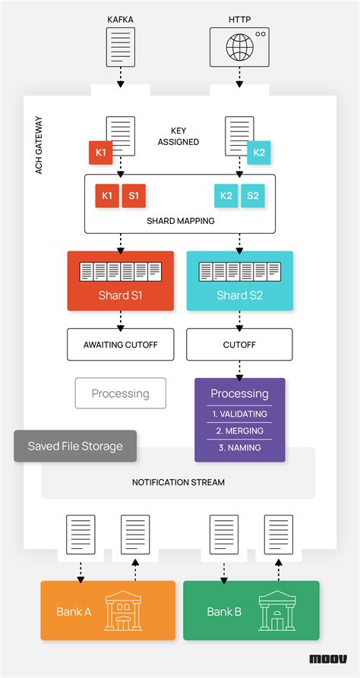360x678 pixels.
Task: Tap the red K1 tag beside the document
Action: tap(101, 153)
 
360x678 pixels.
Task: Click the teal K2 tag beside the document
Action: tap(258, 153)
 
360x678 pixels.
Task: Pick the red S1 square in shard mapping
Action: tap(134, 196)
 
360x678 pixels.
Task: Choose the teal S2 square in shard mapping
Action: tap(253, 196)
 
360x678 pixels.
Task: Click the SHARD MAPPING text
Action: tap(179, 221)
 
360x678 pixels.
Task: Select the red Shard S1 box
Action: tap(120, 280)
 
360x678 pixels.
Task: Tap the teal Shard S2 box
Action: tap(239, 280)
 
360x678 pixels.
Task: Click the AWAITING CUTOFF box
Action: tap(120, 344)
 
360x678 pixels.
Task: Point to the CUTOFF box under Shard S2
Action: tap(239, 344)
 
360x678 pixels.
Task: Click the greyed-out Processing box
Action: tap(120, 393)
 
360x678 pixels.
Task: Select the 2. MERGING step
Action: tap(239, 431)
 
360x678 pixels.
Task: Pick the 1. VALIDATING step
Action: tap(239, 415)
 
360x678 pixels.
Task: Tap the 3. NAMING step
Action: tap(239, 448)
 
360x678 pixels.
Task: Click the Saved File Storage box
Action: tap(75, 446)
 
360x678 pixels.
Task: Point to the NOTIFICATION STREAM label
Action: tap(178, 482)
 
